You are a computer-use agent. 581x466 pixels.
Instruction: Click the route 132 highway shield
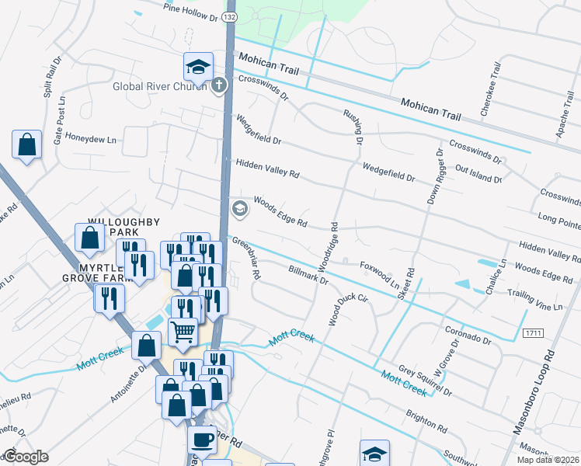coord(230,15)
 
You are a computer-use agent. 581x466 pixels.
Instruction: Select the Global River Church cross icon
coord(219,85)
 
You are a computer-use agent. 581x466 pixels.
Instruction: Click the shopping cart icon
coord(183,332)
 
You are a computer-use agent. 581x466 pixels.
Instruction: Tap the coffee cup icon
coord(202,439)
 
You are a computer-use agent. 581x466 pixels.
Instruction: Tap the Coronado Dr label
coord(468,334)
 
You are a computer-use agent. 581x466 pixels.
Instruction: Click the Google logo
coord(25,457)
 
